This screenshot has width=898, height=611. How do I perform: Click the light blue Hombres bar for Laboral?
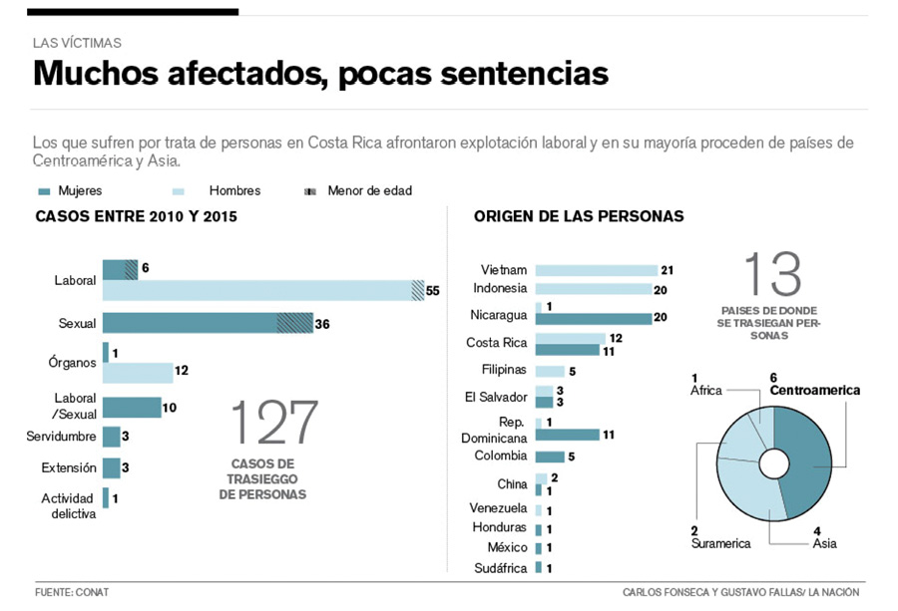coord(259,290)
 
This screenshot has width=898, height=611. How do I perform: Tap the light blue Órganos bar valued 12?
coord(138,372)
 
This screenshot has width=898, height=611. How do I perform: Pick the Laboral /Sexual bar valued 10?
coord(132,407)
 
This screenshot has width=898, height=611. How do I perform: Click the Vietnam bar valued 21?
coord(596,270)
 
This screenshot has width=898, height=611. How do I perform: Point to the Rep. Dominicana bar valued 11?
coord(567,435)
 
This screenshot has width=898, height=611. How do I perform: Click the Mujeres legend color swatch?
coord(44,190)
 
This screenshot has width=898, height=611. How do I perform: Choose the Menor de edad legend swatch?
coord(309,190)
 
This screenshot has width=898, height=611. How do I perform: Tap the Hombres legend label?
coord(234,190)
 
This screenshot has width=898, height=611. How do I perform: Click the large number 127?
coord(274,423)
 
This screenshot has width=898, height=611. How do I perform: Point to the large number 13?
coord(772,274)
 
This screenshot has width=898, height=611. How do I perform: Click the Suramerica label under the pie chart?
coord(721,544)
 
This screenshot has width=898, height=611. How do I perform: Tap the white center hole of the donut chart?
coord(773,463)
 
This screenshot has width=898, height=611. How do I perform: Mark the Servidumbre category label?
coord(62,436)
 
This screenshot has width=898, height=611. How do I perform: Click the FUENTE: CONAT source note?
coord(72,592)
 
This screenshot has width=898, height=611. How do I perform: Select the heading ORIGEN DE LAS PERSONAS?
coord(579,216)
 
